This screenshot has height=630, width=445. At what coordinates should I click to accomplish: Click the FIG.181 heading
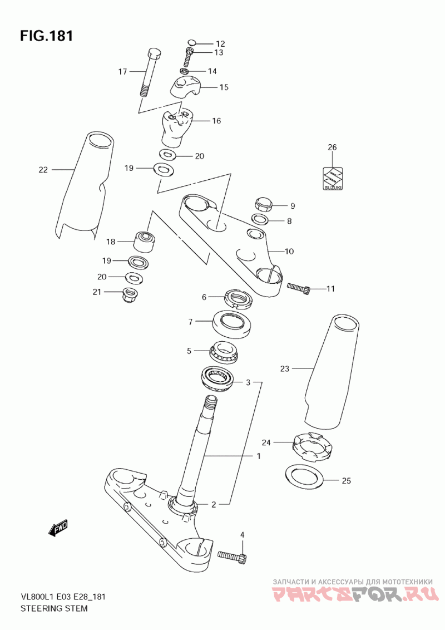(x=46, y=36)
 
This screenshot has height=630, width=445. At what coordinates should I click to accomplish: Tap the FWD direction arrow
(x=58, y=528)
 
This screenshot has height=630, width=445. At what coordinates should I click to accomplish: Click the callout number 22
(x=43, y=170)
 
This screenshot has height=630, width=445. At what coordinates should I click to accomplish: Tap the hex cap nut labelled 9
(x=264, y=204)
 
